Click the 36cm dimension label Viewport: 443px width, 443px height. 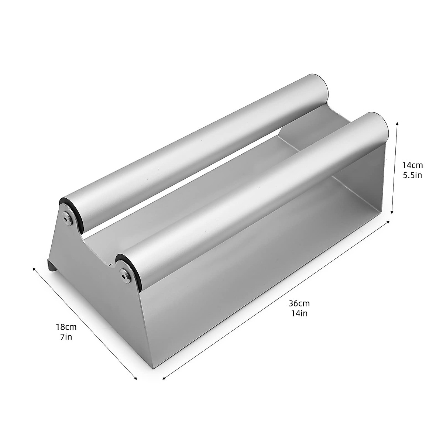[x=299, y=303]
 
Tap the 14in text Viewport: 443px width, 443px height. [x=299, y=313]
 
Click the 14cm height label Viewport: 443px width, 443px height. [x=412, y=165]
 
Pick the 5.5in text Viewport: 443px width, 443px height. [x=412, y=175]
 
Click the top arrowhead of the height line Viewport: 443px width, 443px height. [x=397, y=123]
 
